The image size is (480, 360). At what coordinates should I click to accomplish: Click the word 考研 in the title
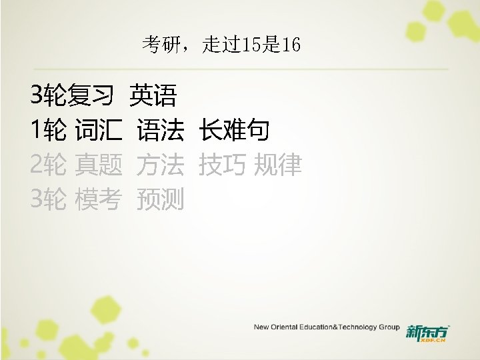click(x=157, y=45)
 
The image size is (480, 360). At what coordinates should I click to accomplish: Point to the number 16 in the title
click(x=291, y=45)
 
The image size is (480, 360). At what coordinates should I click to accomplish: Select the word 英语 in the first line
click(x=153, y=97)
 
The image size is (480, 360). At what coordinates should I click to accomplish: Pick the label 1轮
click(x=48, y=131)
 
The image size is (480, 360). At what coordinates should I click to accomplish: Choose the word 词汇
click(x=98, y=131)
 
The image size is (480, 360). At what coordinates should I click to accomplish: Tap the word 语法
click(x=160, y=131)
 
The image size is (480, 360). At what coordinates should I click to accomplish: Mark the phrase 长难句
click(x=234, y=131)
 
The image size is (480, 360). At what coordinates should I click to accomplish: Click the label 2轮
click(x=48, y=165)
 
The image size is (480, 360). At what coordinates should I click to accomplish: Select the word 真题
click(x=98, y=165)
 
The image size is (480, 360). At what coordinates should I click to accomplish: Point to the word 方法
click(x=160, y=165)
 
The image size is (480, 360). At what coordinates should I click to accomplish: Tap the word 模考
click(x=98, y=199)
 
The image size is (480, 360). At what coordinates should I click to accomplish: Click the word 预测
click(x=160, y=199)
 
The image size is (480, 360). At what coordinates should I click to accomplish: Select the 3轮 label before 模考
click(x=48, y=199)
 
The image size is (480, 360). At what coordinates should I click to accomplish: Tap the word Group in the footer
click(x=389, y=327)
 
